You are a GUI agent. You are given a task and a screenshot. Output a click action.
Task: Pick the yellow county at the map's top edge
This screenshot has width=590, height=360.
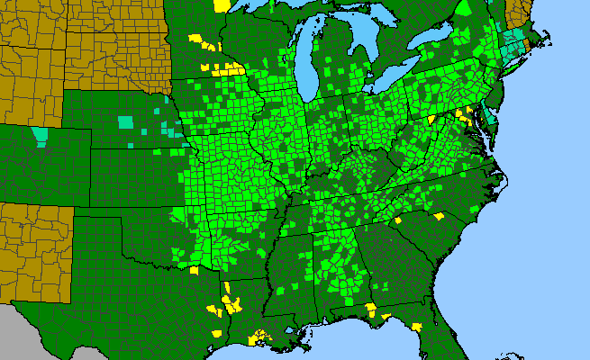[x=222, y=4]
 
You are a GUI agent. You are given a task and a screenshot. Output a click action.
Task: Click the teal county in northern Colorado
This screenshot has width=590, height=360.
[x=40, y=136]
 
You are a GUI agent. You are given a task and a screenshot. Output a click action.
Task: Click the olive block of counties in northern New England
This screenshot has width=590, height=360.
[x=520, y=13]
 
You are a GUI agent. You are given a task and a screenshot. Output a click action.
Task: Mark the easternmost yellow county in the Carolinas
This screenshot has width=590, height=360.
[x=440, y=216]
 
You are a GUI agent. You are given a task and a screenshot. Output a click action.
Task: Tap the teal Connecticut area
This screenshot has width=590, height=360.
[x=512, y=43]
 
